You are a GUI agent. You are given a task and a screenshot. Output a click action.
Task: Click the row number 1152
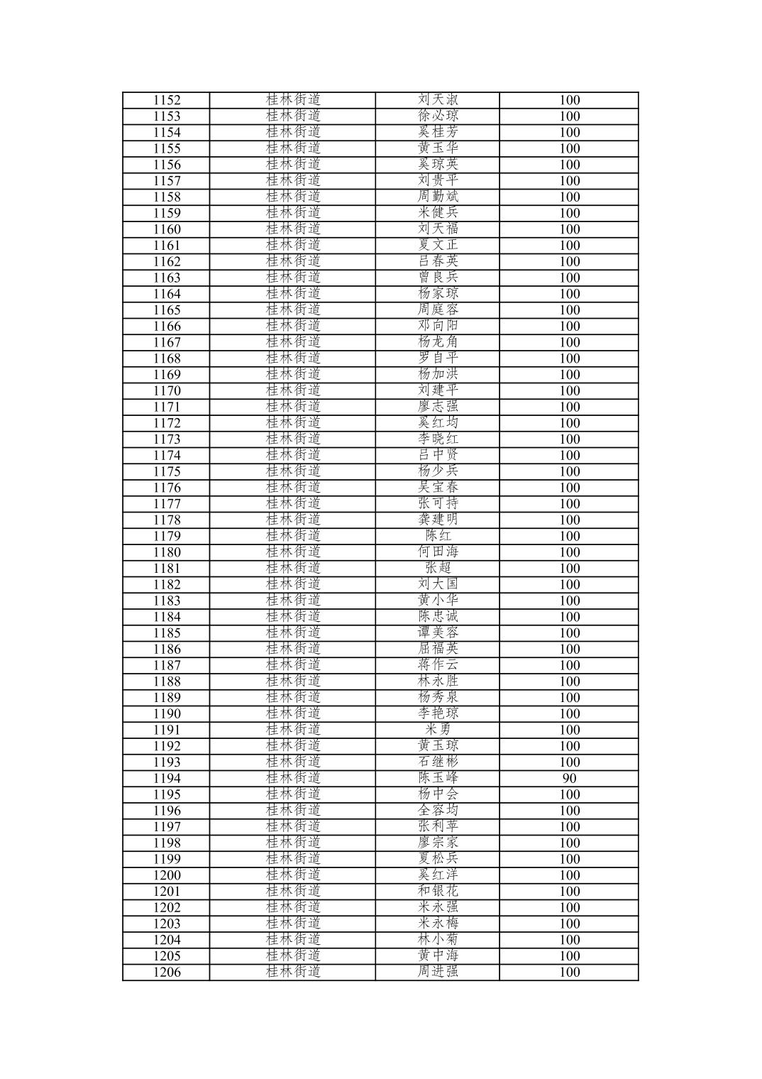tap(167, 100)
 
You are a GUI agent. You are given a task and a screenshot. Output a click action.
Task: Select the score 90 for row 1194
tap(569, 778)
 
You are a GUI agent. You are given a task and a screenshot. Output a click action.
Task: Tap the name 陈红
tap(438, 536)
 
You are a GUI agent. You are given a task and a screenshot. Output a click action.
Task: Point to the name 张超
tap(438, 568)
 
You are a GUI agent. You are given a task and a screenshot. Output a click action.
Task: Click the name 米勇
tap(438, 730)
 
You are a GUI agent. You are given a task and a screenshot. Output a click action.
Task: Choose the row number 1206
tap(167, 973)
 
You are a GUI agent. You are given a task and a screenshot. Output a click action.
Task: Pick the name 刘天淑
tap(438, 100)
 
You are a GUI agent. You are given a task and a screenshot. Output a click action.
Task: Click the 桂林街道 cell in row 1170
tap(293, 390)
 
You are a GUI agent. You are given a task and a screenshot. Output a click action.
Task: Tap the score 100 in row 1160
tap(569, 229)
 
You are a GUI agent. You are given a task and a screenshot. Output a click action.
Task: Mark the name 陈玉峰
tap(438, 778)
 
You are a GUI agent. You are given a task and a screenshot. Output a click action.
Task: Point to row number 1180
tap(167, 552)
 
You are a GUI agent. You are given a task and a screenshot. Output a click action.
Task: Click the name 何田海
tap(438, 552)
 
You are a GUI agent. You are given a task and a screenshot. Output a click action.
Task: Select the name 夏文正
tap(438, 246)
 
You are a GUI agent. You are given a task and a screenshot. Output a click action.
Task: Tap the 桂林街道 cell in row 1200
tap(293, 875)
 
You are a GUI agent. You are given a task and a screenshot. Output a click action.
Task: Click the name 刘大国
tap(438, 584)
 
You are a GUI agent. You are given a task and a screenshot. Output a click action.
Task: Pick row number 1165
tap(167, 310)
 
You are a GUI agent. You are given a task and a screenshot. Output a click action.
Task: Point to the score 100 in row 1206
tap(569, 973)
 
